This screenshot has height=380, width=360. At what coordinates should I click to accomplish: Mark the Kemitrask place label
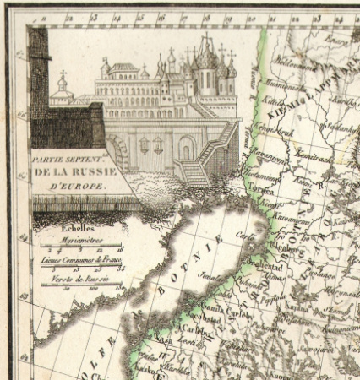(x=313, y=158)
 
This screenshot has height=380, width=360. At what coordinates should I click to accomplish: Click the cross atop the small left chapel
(x=63, y=75)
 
